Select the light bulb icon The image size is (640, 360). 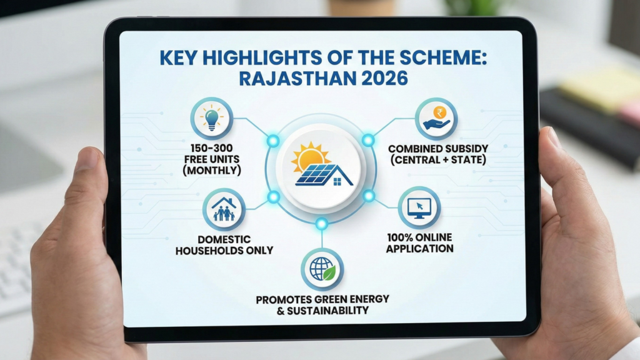[212, 117]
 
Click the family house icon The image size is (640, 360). [224, 209]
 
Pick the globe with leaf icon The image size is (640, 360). [322, 269]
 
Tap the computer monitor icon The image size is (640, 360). [419, 207]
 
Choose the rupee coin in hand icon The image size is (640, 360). [436, 118]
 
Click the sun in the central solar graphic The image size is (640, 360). [307, 157]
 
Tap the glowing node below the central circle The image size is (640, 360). [321, 224]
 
